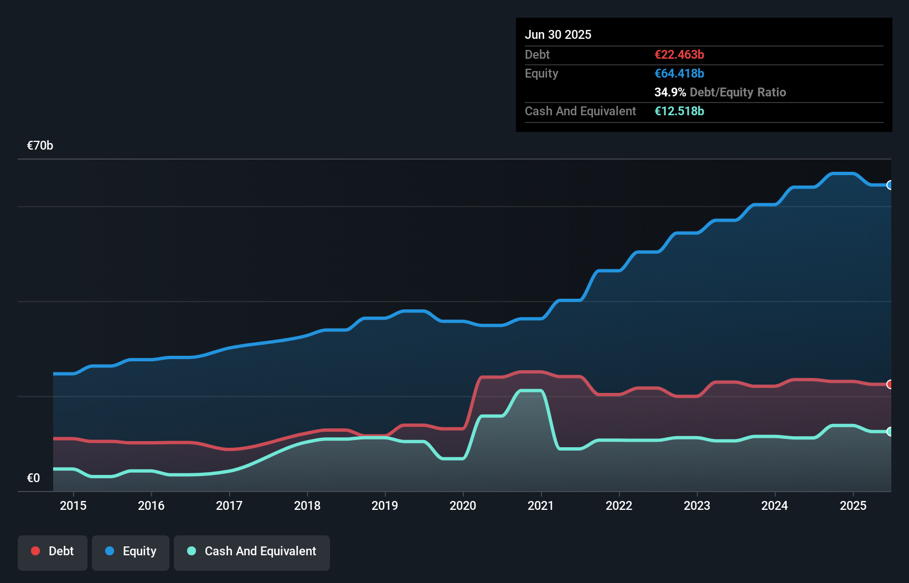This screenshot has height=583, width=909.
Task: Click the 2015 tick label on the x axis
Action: (73, 505)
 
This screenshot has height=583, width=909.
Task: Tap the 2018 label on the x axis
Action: (307, 505)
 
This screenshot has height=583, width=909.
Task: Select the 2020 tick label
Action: (463, 505)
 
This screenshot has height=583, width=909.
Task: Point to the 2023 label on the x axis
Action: (697, 505)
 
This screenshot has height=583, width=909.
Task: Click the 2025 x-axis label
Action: (853, 505)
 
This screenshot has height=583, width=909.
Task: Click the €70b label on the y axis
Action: (40, 146)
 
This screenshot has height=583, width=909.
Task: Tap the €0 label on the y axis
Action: (33, 478)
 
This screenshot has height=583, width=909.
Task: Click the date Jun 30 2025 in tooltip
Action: (558, 35)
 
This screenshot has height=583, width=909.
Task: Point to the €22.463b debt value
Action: (679, 54)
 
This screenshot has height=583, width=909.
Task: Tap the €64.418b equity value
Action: (679, 73)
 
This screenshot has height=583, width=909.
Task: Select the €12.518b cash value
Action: (679, 111)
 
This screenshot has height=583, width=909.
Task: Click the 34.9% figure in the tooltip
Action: (670, 92)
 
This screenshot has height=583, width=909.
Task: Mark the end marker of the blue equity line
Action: (890, 185)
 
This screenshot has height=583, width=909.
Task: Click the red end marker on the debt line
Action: (890, 384)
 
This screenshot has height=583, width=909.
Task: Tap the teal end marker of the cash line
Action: (890, 431)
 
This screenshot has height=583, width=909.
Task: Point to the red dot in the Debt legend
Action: (35, 551)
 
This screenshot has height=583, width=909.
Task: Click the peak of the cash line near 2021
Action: (530, 391)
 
